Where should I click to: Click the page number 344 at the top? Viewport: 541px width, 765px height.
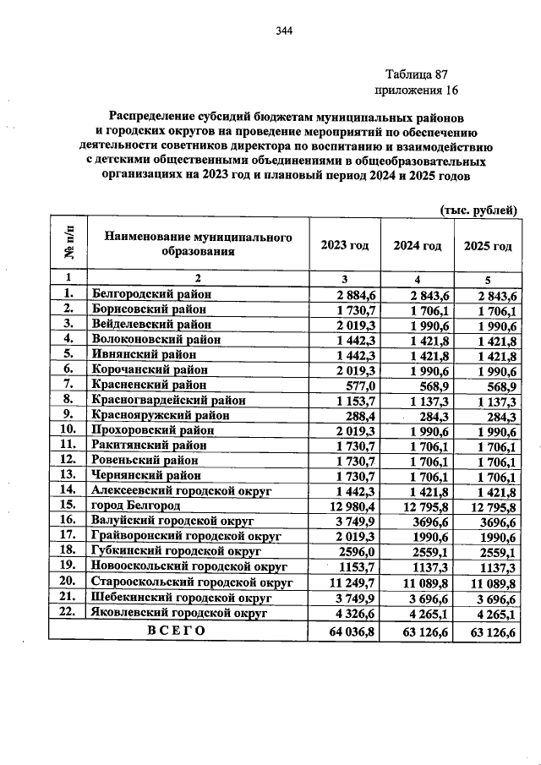click(x=283, y=32)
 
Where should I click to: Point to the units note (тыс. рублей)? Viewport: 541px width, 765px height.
click(x=478, y=210)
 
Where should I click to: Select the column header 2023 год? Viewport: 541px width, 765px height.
click(x=345, y=246)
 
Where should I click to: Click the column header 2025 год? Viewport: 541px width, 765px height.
click(x=488, y=246)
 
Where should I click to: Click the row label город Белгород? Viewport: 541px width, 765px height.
click(x=136, y=505)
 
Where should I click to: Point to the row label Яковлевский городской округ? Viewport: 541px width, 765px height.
click(x=178, y=611)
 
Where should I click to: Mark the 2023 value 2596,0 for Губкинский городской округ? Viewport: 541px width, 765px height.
click(x=356, y=550)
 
